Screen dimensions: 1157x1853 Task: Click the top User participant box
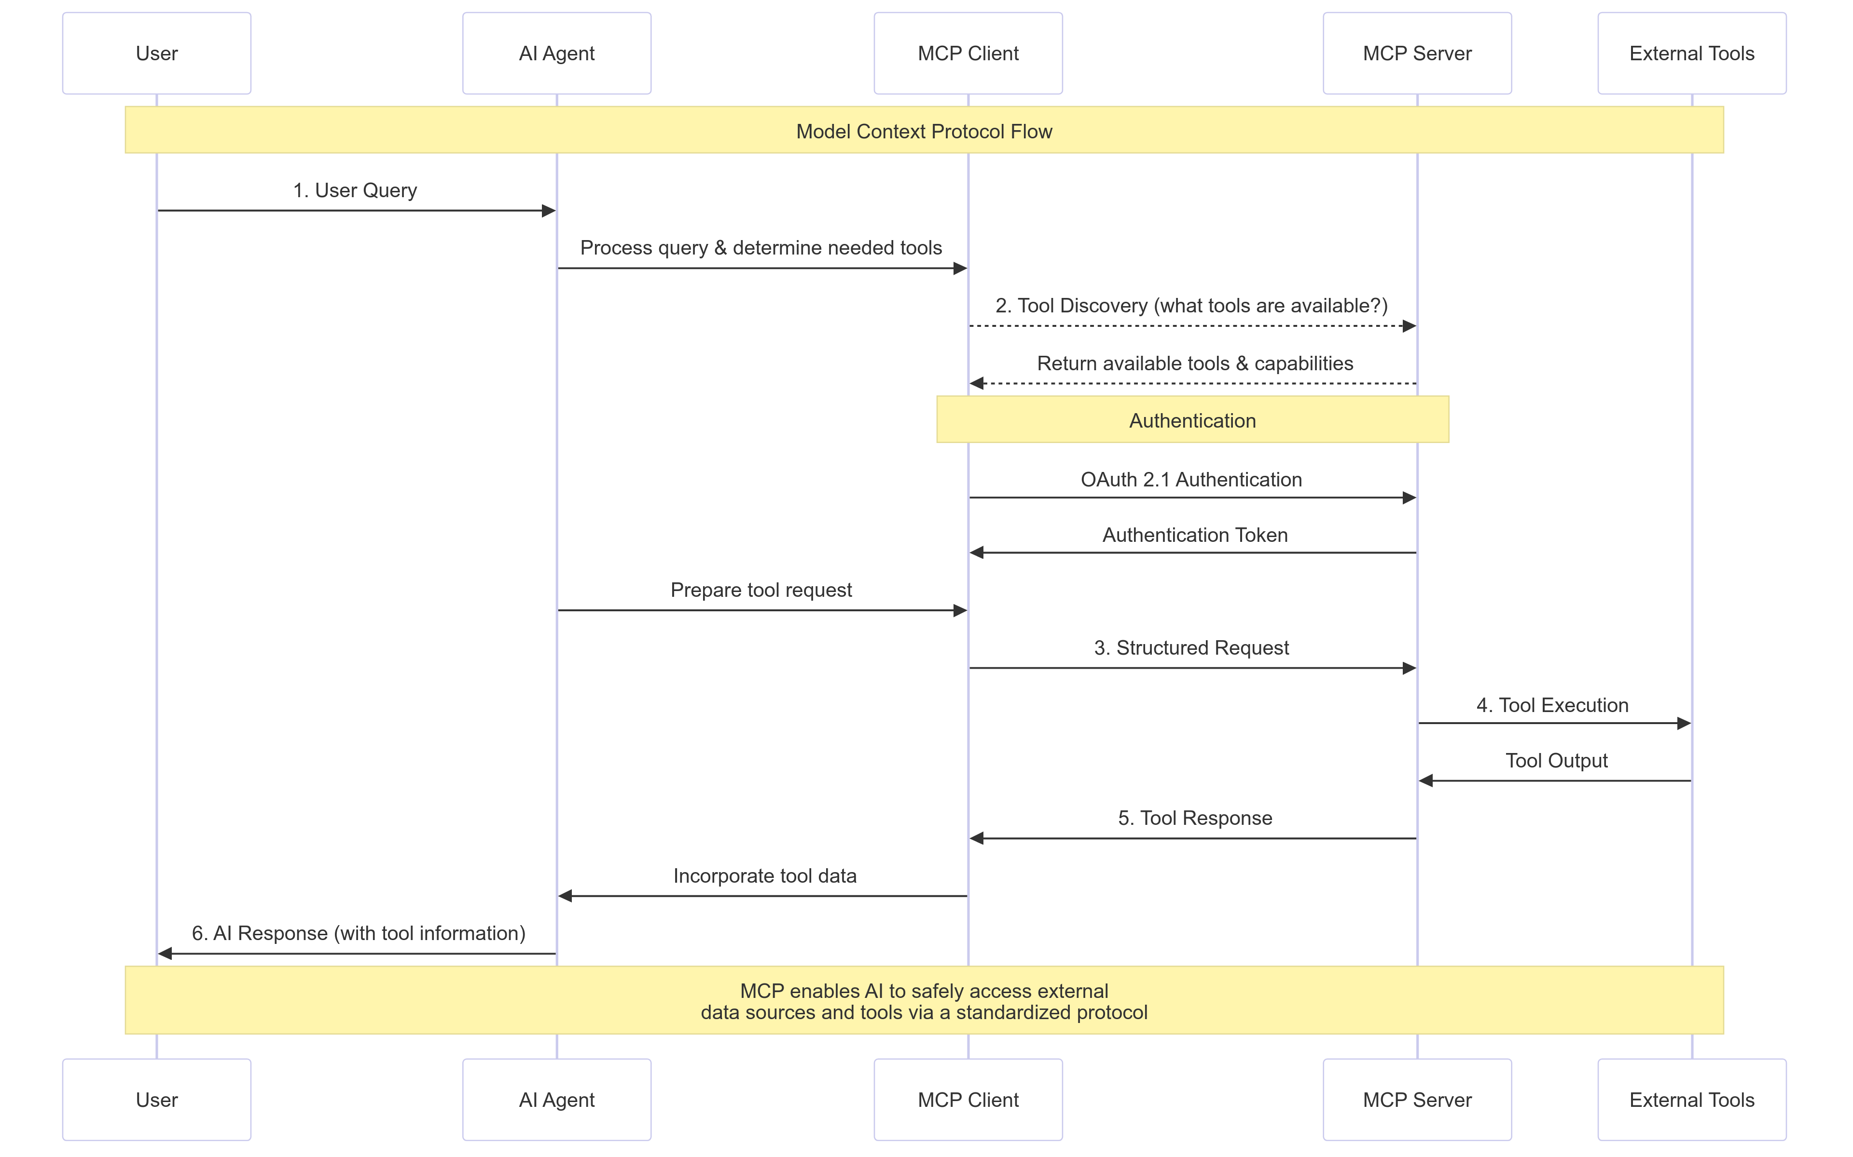156,53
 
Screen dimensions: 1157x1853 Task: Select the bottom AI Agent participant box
557,1100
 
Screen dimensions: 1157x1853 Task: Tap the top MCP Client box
968,53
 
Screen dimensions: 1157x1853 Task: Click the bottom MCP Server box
1417,1100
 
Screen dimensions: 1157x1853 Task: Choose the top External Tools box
1691,53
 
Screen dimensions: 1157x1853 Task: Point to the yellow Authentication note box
1192,420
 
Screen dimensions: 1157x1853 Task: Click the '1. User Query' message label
355,190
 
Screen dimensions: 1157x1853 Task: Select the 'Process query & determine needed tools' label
761,247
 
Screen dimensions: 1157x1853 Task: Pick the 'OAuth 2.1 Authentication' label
1190,479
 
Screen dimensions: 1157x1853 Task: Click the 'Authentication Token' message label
1194,535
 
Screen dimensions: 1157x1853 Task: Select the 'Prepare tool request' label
761,590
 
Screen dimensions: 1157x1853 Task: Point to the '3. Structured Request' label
1190,647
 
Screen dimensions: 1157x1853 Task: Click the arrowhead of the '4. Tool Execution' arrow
1683,723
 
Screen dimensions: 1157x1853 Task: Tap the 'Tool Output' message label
1556,761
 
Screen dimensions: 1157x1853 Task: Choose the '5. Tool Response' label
1194,818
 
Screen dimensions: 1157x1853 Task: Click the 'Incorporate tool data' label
764,875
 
